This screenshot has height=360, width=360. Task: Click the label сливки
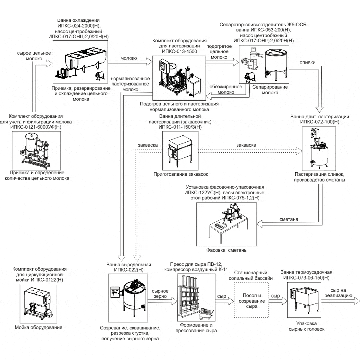306,63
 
